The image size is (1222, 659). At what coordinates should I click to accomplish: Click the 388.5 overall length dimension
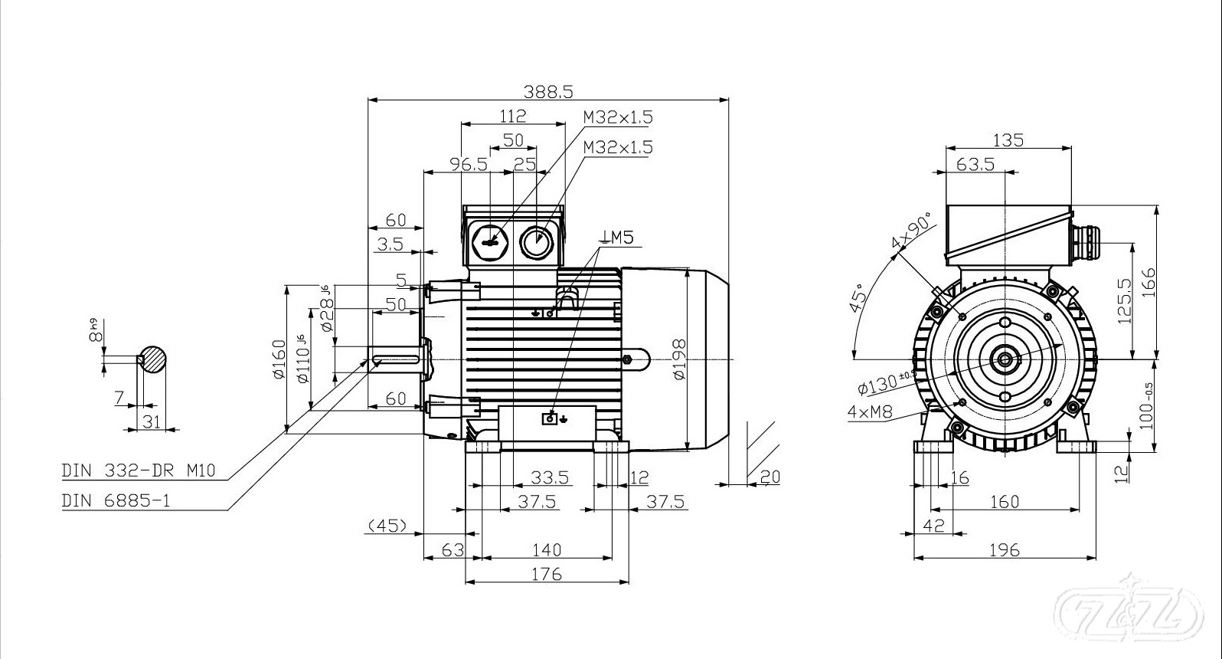click(x=547, y=91)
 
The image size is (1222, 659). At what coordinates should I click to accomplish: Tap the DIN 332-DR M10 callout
click(x=139, y=470)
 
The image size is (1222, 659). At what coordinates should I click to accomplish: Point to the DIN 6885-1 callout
click(x=116, y=500)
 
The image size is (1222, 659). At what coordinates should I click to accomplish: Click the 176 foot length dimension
click(x=547, y=573)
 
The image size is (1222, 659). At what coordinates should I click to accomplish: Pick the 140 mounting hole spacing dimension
click(x=547, y=549)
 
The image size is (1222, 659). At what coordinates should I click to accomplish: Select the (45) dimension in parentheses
click(x=387, y=526)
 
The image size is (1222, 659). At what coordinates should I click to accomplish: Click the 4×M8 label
click(x=871, y=411)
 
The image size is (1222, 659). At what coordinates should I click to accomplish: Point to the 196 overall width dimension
click(x=1004, y=549)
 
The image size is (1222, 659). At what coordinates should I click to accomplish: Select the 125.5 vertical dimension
click(x=1125, y=300)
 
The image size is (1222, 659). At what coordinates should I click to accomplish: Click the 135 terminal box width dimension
click(x=1008, y=140)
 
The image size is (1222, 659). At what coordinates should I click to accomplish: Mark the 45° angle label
click(x=860, y=297)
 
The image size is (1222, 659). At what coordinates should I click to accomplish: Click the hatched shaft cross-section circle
click(x=153, y=359)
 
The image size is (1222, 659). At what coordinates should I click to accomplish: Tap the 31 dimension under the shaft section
click(x=152, y=421)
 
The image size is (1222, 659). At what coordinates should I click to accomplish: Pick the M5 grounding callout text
click(x=618, y=238)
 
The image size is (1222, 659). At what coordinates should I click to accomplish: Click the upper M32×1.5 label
click(x=618, y=117)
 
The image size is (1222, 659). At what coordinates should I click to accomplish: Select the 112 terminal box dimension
click(x=512, y=116)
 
